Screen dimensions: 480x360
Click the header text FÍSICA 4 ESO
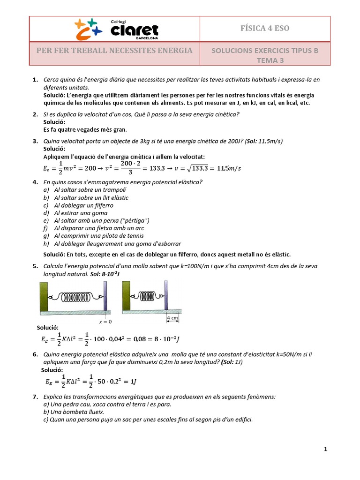point(265,28)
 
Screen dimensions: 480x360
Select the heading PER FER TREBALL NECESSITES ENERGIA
point(115,50)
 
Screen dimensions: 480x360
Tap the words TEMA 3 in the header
point(270,60)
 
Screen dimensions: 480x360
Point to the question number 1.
point(35,80)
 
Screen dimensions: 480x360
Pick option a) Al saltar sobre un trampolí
point(85,190)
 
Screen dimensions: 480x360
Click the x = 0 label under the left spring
point(106,322)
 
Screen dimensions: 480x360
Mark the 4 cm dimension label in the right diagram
point(172,318)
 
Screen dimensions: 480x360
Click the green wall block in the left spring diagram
point(44,297)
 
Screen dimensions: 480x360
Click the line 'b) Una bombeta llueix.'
point(72,412)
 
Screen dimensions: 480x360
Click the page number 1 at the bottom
point(325,450)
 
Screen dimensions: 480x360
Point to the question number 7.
point(35,397)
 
